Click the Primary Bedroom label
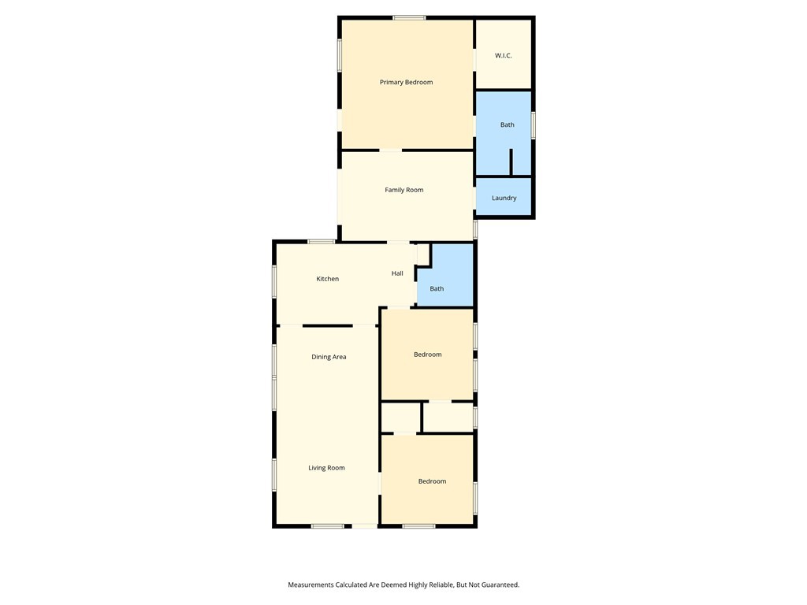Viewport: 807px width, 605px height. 406,82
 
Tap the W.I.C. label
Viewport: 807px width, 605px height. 504,55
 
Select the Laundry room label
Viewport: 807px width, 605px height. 504,198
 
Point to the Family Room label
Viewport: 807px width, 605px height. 404,190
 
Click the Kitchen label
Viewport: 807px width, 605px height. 328,279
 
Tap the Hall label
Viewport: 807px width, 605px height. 397,273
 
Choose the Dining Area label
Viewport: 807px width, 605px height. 329,357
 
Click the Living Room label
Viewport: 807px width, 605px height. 326,468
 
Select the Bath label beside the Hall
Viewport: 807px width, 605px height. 437,289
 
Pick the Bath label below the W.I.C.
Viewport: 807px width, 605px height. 508,124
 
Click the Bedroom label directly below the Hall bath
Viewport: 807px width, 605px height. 428,354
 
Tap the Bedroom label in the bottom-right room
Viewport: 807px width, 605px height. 432,481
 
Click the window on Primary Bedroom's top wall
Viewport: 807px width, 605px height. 410,18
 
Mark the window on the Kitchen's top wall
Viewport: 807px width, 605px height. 322,242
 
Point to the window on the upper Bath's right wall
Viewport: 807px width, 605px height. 534,125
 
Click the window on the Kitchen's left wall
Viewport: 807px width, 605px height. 274,281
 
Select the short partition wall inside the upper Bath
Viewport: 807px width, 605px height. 511,161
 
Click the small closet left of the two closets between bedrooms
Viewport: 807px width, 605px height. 400,417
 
